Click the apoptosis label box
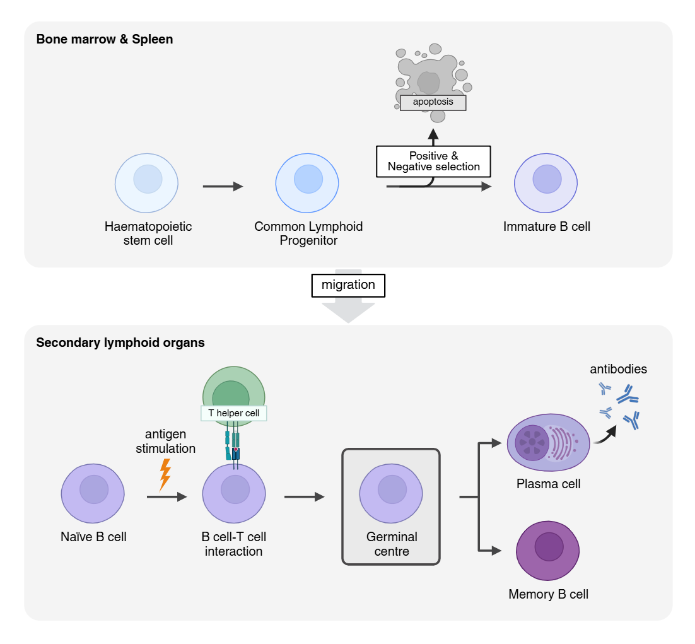pos(433,102)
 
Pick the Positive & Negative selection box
pos(433,161)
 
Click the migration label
pos(348,285)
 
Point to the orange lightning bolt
pos(165,474)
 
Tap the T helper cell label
pos(234,413)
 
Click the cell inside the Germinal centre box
pos(390,492)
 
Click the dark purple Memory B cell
pos(548,549)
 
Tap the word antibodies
pos(618,370)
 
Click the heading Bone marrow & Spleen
pos(105,39)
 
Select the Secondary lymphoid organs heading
pos(120,343)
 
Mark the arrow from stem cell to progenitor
pos(223,187)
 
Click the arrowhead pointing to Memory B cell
pos(496,550)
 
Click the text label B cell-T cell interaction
pos(233,544)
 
